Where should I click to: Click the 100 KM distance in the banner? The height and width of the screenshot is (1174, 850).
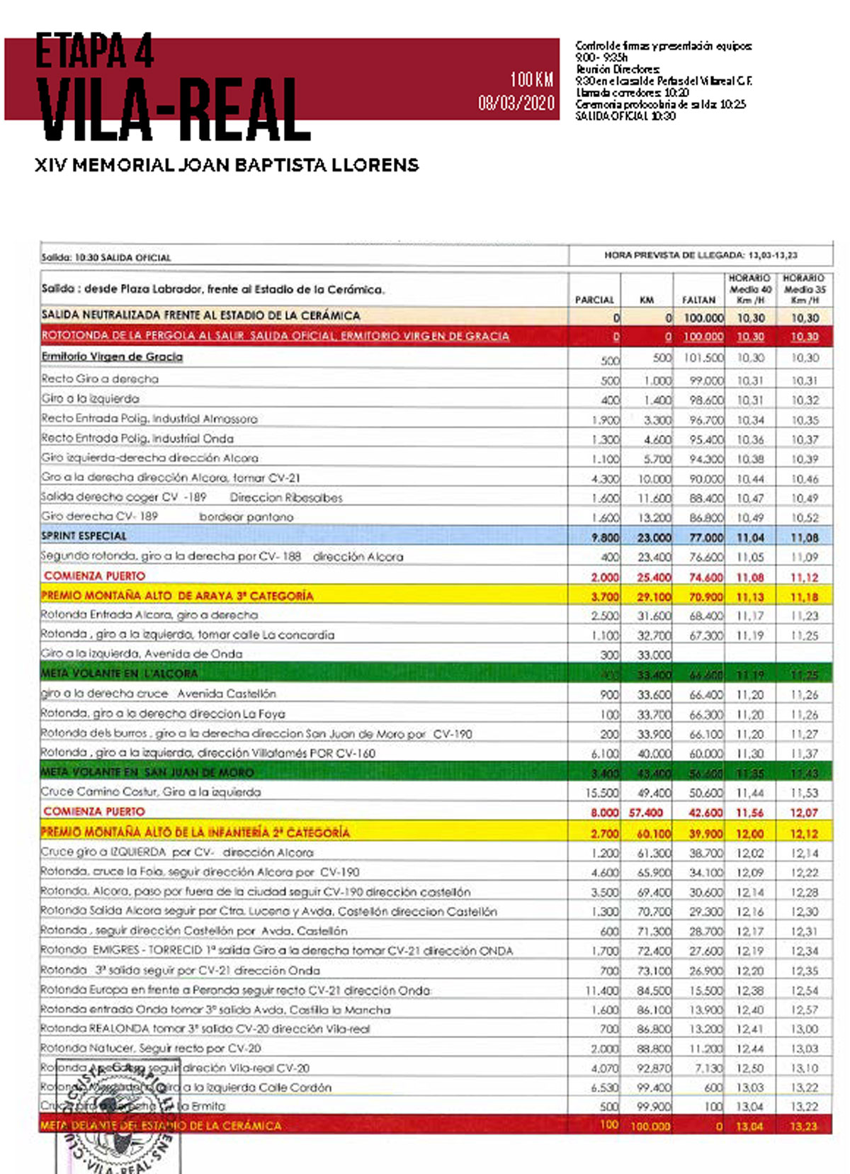531,79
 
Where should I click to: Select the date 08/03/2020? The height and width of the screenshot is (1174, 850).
516,103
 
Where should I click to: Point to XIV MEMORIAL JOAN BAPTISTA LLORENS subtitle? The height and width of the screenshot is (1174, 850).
227,165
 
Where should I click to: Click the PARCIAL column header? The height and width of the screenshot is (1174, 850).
594,300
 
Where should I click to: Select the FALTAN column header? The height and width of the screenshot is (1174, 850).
698,300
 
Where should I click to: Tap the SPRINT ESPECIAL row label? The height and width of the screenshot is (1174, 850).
84,536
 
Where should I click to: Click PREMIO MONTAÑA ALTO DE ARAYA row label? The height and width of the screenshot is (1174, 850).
177,596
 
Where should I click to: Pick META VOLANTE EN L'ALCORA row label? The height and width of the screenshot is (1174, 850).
119,673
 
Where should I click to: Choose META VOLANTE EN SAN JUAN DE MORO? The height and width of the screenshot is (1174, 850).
147,772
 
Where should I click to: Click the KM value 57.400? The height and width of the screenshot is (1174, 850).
646,813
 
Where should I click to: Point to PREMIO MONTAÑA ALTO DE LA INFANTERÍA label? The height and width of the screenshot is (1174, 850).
195,832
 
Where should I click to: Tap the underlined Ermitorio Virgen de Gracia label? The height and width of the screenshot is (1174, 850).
112,356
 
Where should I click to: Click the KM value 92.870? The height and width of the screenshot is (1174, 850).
653,1068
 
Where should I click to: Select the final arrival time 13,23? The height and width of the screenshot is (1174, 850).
803,1127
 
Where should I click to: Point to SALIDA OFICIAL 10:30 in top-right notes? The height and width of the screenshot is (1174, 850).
625,116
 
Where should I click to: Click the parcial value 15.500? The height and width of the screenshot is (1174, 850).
601,793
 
